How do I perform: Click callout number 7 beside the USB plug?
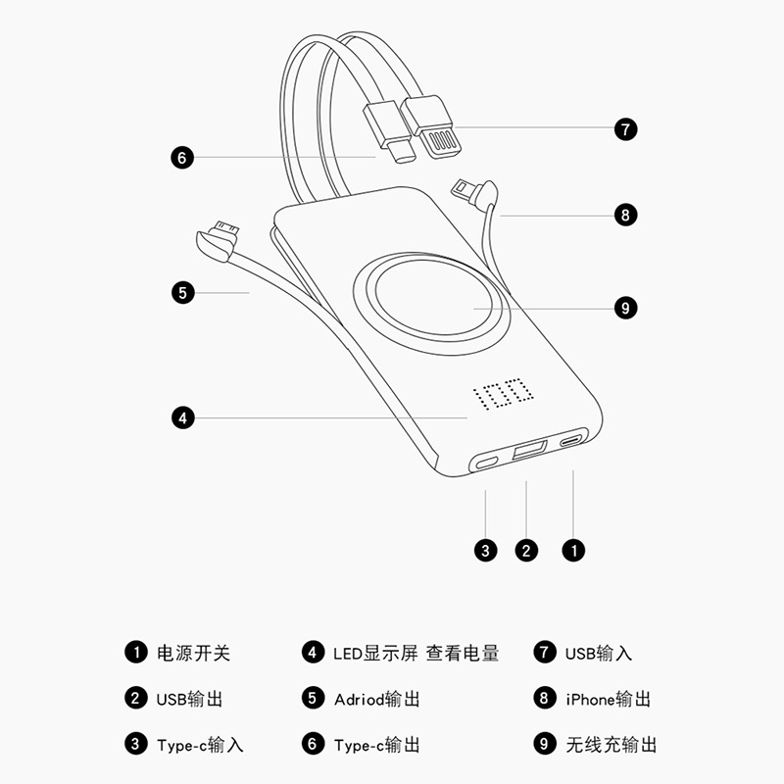(x=625, y=129)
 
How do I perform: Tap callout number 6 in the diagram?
(x=182, y=158)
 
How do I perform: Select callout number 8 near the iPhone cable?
(x=625, y=215)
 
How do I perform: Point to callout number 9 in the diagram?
(x=625, y=308)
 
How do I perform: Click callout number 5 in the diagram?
(x=182, y=293)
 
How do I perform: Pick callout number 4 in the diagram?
(x=182, y=418)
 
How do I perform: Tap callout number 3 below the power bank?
(x=485, y=551)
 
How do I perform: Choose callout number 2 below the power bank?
(x=526, y=551)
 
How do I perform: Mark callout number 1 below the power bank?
(x=573, y=551)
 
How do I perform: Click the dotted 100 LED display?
(x=503, y=393)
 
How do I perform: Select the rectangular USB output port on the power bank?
(x=529, y=450)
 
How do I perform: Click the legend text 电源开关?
(x=193, y=653)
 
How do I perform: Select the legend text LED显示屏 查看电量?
(x=416, y=653)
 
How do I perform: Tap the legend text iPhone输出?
(x=608, y=699)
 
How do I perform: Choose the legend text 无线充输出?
(x=611, y=745)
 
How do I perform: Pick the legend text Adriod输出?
(x=377, y=699)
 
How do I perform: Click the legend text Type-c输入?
(x=200, y=745)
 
